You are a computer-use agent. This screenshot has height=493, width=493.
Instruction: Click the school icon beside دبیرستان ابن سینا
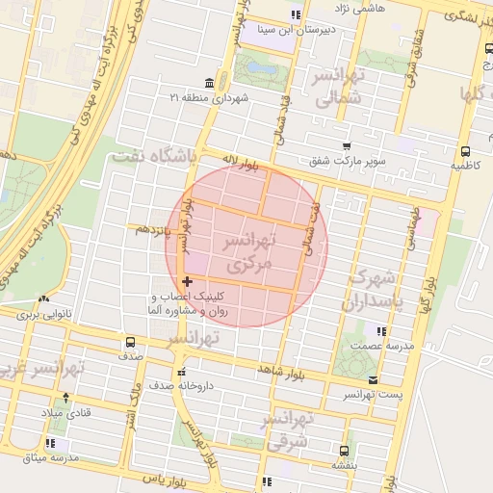pyautogui.click(x=296, y=14)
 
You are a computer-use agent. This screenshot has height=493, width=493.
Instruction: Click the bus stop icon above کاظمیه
pyautogui.click(x=466, y=151)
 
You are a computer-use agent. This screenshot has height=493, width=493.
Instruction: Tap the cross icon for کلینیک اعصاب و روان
pyautogui.click(x=186, y=280)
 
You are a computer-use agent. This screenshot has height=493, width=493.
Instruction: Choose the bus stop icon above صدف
pyautogui.click(x=131, y=342)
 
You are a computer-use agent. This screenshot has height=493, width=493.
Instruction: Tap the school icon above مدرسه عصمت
pyautogui.click(x=382, y=331)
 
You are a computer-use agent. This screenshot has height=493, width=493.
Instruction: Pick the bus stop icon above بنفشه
pyautogui.click(x=344, y=450)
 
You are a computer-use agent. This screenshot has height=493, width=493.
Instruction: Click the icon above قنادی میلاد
pyautogui.click(x=65, y=397)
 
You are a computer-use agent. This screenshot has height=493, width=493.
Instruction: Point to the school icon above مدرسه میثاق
pyautogui.click(x=50, y=443)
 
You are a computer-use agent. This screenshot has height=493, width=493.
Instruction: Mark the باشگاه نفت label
pyautogui.click(x=154, y=154)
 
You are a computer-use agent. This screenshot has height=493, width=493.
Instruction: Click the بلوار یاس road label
pyautogui.click(x=162, y=478)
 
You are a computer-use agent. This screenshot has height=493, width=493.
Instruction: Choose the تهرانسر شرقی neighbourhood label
pyautogui.click(x=288, y=430)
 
